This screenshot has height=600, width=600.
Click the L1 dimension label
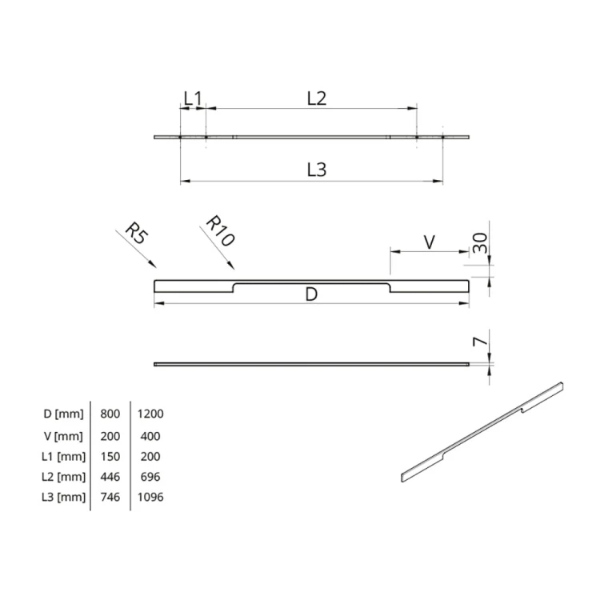point(192,98)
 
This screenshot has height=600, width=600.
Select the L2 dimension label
point(317,98)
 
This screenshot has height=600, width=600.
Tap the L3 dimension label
point(317,170)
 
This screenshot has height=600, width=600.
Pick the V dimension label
point(429,242)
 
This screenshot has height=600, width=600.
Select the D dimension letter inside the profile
point(312,295)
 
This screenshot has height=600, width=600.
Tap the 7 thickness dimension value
point(479,343)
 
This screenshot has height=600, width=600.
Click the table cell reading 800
point(110,414)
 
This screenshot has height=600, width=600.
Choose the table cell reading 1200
point(150,414)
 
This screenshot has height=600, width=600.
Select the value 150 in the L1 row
point(110,457)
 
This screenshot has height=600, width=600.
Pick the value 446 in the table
point(110,477)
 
